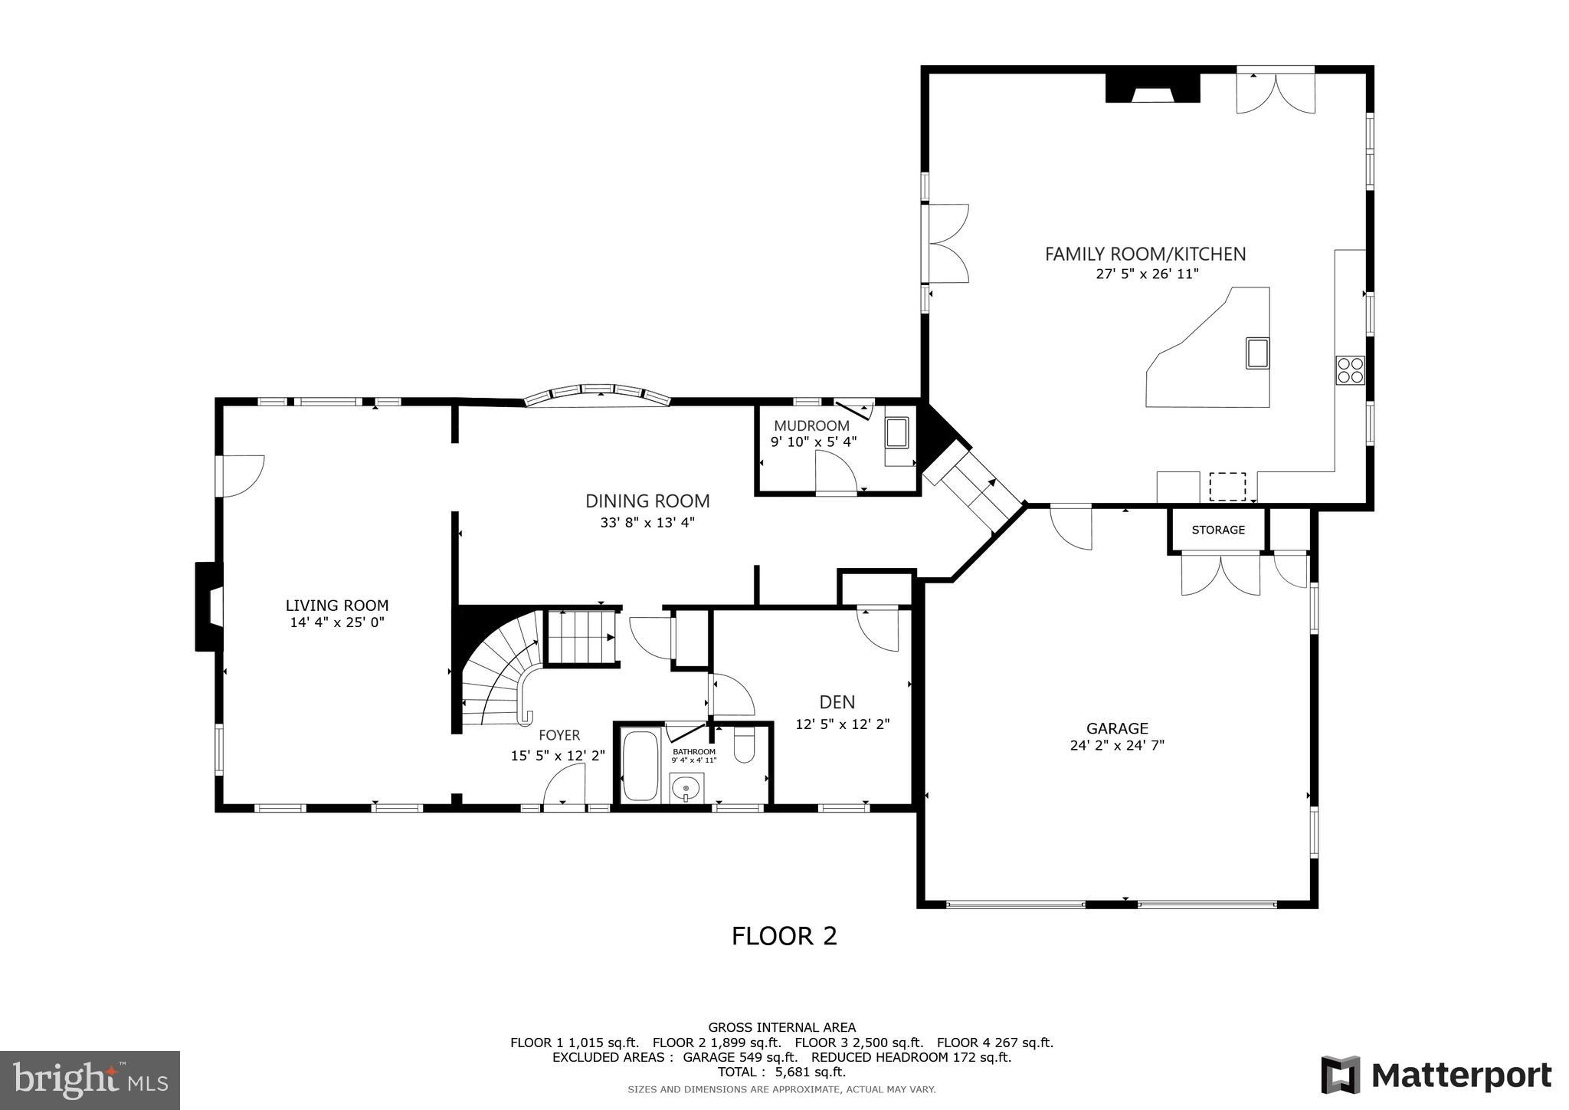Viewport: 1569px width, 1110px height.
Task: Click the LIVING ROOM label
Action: [337, 606]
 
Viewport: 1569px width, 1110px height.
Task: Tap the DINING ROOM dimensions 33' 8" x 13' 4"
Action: [647, 523]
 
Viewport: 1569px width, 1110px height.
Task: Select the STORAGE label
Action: [1218, 530]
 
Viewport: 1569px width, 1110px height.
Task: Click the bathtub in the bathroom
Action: [640, 766]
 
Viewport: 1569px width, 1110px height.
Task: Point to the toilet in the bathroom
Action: [745, 746]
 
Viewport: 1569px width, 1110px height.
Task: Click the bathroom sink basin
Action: [686, 787]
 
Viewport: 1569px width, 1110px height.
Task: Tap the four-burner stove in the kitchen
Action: [1350, 370]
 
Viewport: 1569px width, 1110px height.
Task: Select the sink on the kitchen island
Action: [1257, 353]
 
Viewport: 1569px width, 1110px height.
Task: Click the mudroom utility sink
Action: [896, 433]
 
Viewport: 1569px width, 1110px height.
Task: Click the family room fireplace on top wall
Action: [1152, 87]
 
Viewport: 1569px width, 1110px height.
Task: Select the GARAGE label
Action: [1117, 728]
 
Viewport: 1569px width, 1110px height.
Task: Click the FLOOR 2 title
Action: [784, 936]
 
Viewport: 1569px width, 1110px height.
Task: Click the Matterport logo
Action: [1436, 1076]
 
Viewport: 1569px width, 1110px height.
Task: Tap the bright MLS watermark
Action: [90, 1080]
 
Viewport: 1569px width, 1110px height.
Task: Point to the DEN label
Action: [837, 701]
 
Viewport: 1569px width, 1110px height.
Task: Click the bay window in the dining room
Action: [598, 394]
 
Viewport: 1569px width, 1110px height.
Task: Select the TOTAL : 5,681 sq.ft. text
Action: [781, 1072]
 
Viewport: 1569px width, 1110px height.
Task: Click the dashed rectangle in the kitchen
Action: [1227, 487]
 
